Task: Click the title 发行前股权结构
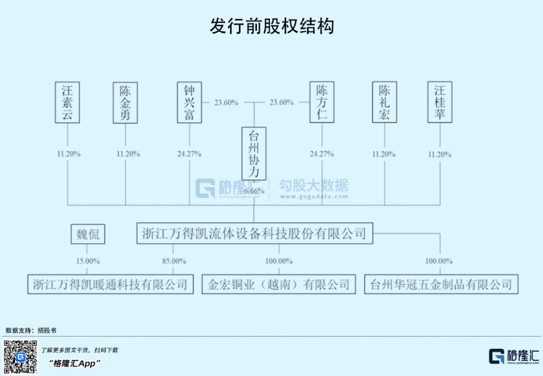click(271, 26)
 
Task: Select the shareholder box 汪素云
click(67, 103)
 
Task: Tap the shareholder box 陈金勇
click(125, 103)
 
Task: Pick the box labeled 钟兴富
click(189, 103)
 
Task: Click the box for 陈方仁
click(322, 103)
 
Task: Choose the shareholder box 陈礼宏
click(385, 103)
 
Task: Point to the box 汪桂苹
click(440, 103)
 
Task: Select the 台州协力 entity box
click(254, 154)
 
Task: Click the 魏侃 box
click(88, 234)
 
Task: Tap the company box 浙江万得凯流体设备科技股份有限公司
click(254, 234)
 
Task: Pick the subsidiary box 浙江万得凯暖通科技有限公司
click(110, 284)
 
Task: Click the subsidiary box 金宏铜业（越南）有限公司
click(279, 284)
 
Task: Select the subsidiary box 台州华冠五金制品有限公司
click(441, 284)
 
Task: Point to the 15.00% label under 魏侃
click(87, 261)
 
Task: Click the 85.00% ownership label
click(174, 261)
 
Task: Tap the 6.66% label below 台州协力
click(254, 191)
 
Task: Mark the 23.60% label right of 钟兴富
click(226, 103)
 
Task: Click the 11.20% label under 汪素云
click(68, 154)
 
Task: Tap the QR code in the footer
click(21, 357)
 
